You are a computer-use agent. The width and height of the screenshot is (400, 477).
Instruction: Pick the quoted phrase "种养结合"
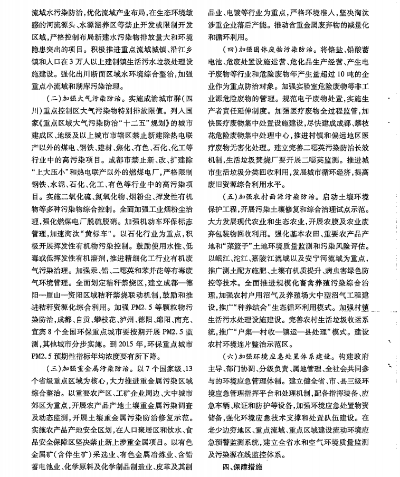[x=267, y=308]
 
